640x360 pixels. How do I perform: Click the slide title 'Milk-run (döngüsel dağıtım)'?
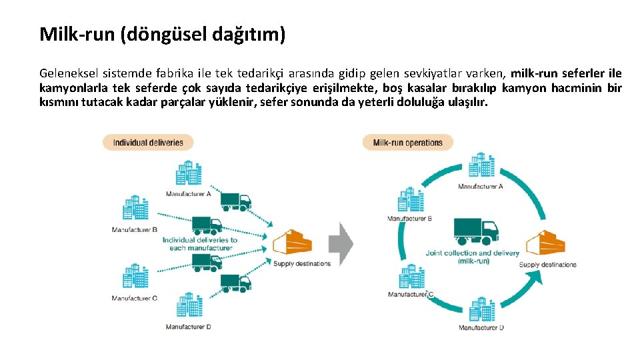(x=162, y=34)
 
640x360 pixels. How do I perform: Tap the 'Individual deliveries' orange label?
(x=147, y=142)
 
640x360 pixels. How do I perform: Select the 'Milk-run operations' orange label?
(x=407, y=142)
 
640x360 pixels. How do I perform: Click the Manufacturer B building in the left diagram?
(x=135, y=208)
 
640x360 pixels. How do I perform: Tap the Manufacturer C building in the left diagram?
(x=135, y=278)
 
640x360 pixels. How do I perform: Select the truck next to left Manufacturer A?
(x=235, y=200)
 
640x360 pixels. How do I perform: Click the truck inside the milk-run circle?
(x=476, y=230)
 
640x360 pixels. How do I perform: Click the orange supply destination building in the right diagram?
(x=545, y=244)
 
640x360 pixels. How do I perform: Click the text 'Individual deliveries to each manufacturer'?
(x=200, y=244)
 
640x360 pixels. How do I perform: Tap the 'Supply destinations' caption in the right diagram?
(x=547, y=265)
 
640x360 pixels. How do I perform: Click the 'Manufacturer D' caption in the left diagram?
(x=189, y=327)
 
